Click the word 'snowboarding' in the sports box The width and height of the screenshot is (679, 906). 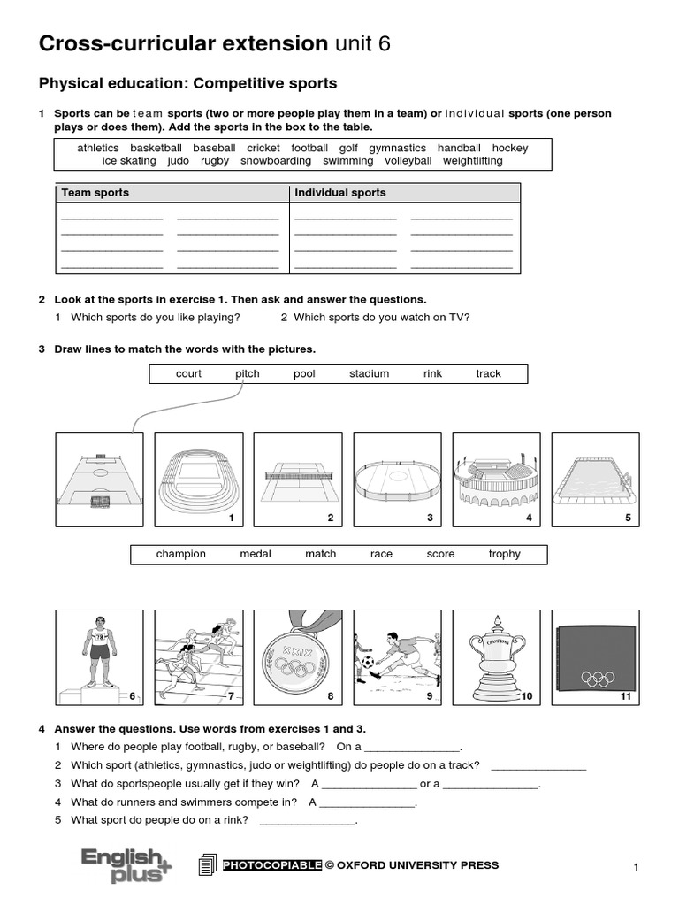point(276,161)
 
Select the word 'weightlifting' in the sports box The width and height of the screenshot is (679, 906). point(472,161)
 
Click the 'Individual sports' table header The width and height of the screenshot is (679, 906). point(339,192)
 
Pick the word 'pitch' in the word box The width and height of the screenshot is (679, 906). point(248,373)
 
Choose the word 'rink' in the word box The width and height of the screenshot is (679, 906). point(432,373)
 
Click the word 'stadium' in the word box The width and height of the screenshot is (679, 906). point(369,373)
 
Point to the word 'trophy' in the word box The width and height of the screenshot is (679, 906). point(504,554)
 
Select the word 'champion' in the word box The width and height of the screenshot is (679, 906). point(181,554)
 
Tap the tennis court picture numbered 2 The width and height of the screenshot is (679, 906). point(297,478)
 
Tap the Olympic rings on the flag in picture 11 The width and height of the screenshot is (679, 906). point(597,679)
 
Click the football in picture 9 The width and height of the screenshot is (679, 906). point(367,661)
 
